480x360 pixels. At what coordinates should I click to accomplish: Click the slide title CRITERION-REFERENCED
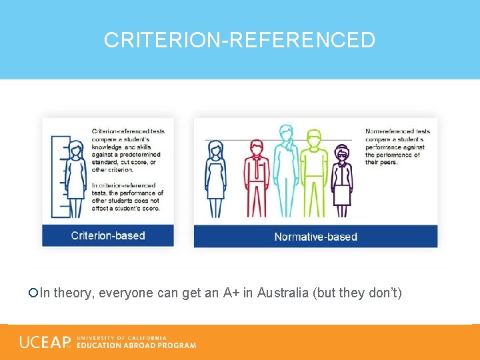(240, 40)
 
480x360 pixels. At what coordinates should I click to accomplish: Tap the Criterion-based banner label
(108, 235)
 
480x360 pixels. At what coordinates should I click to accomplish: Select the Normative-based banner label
(315, 237)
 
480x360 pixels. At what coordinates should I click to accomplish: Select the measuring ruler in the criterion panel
(59, 177)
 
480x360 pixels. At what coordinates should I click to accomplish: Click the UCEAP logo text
(45, 342)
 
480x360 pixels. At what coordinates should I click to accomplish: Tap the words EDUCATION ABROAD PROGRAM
(137, 345)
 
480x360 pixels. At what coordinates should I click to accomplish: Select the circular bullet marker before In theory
(33, 293)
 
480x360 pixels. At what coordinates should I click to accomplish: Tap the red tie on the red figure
(256, 168)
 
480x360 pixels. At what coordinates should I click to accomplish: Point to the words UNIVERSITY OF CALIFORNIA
(122, 338)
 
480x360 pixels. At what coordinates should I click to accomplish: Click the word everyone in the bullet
(121, 293)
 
